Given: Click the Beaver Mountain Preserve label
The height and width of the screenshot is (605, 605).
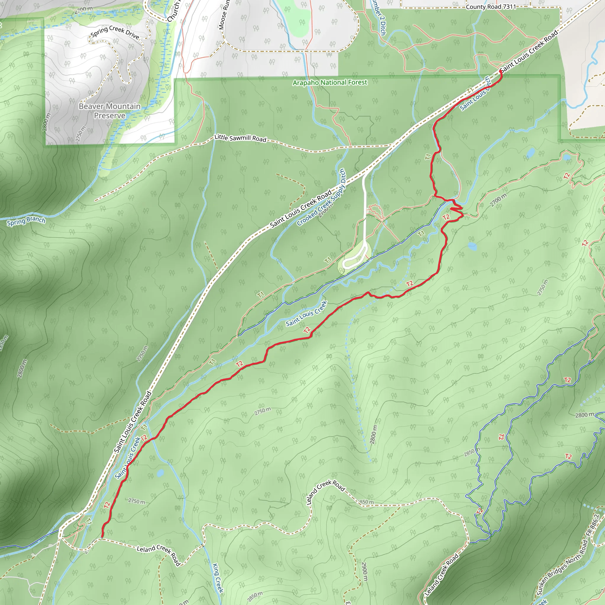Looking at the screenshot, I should click(x=110, y=111).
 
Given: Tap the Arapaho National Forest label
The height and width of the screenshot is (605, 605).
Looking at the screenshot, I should click(x=330, y=82).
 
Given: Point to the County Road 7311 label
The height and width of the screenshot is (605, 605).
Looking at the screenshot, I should click(x=491, y=6).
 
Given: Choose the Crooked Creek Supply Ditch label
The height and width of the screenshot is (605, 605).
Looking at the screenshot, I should click(x=321, y=197).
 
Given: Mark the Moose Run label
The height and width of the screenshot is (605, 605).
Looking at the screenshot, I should click(x=224, y=15).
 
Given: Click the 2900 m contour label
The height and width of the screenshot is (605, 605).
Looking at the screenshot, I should click(x=364, y=572).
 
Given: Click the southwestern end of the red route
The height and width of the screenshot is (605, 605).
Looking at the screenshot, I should click(x=102, y=537).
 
